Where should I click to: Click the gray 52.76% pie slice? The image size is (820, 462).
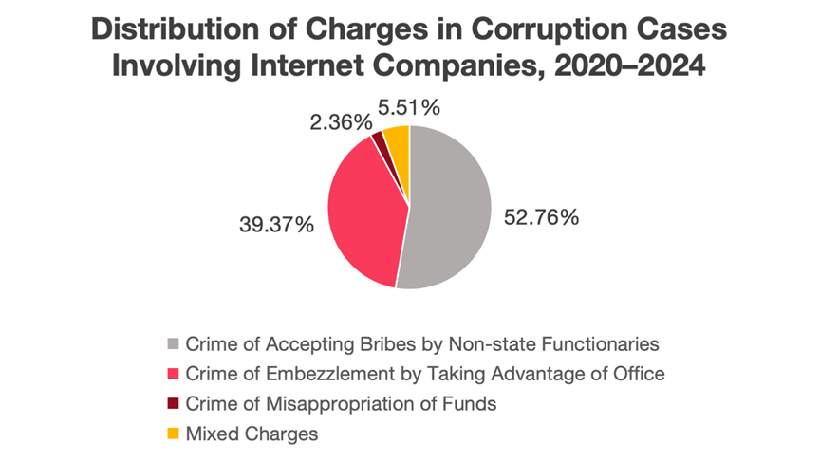(x=451, y=209)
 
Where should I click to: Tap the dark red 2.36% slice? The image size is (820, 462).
(x=380, y=141)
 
